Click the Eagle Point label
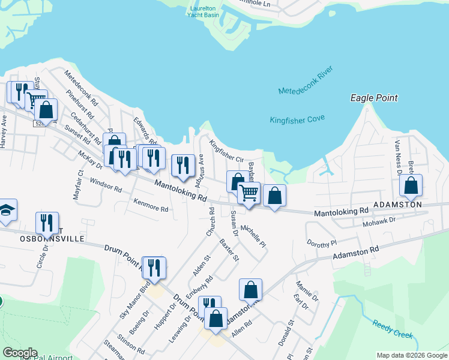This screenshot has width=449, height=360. [375, 98]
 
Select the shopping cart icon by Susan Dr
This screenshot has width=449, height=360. [249, 193]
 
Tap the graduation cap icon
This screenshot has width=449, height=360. [6, 209]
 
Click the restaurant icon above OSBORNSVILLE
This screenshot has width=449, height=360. [46, 222]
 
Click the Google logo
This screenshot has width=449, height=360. [19, 353]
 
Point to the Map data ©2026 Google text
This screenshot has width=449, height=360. [411, 355]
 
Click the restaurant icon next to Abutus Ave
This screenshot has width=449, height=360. [182, 165]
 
